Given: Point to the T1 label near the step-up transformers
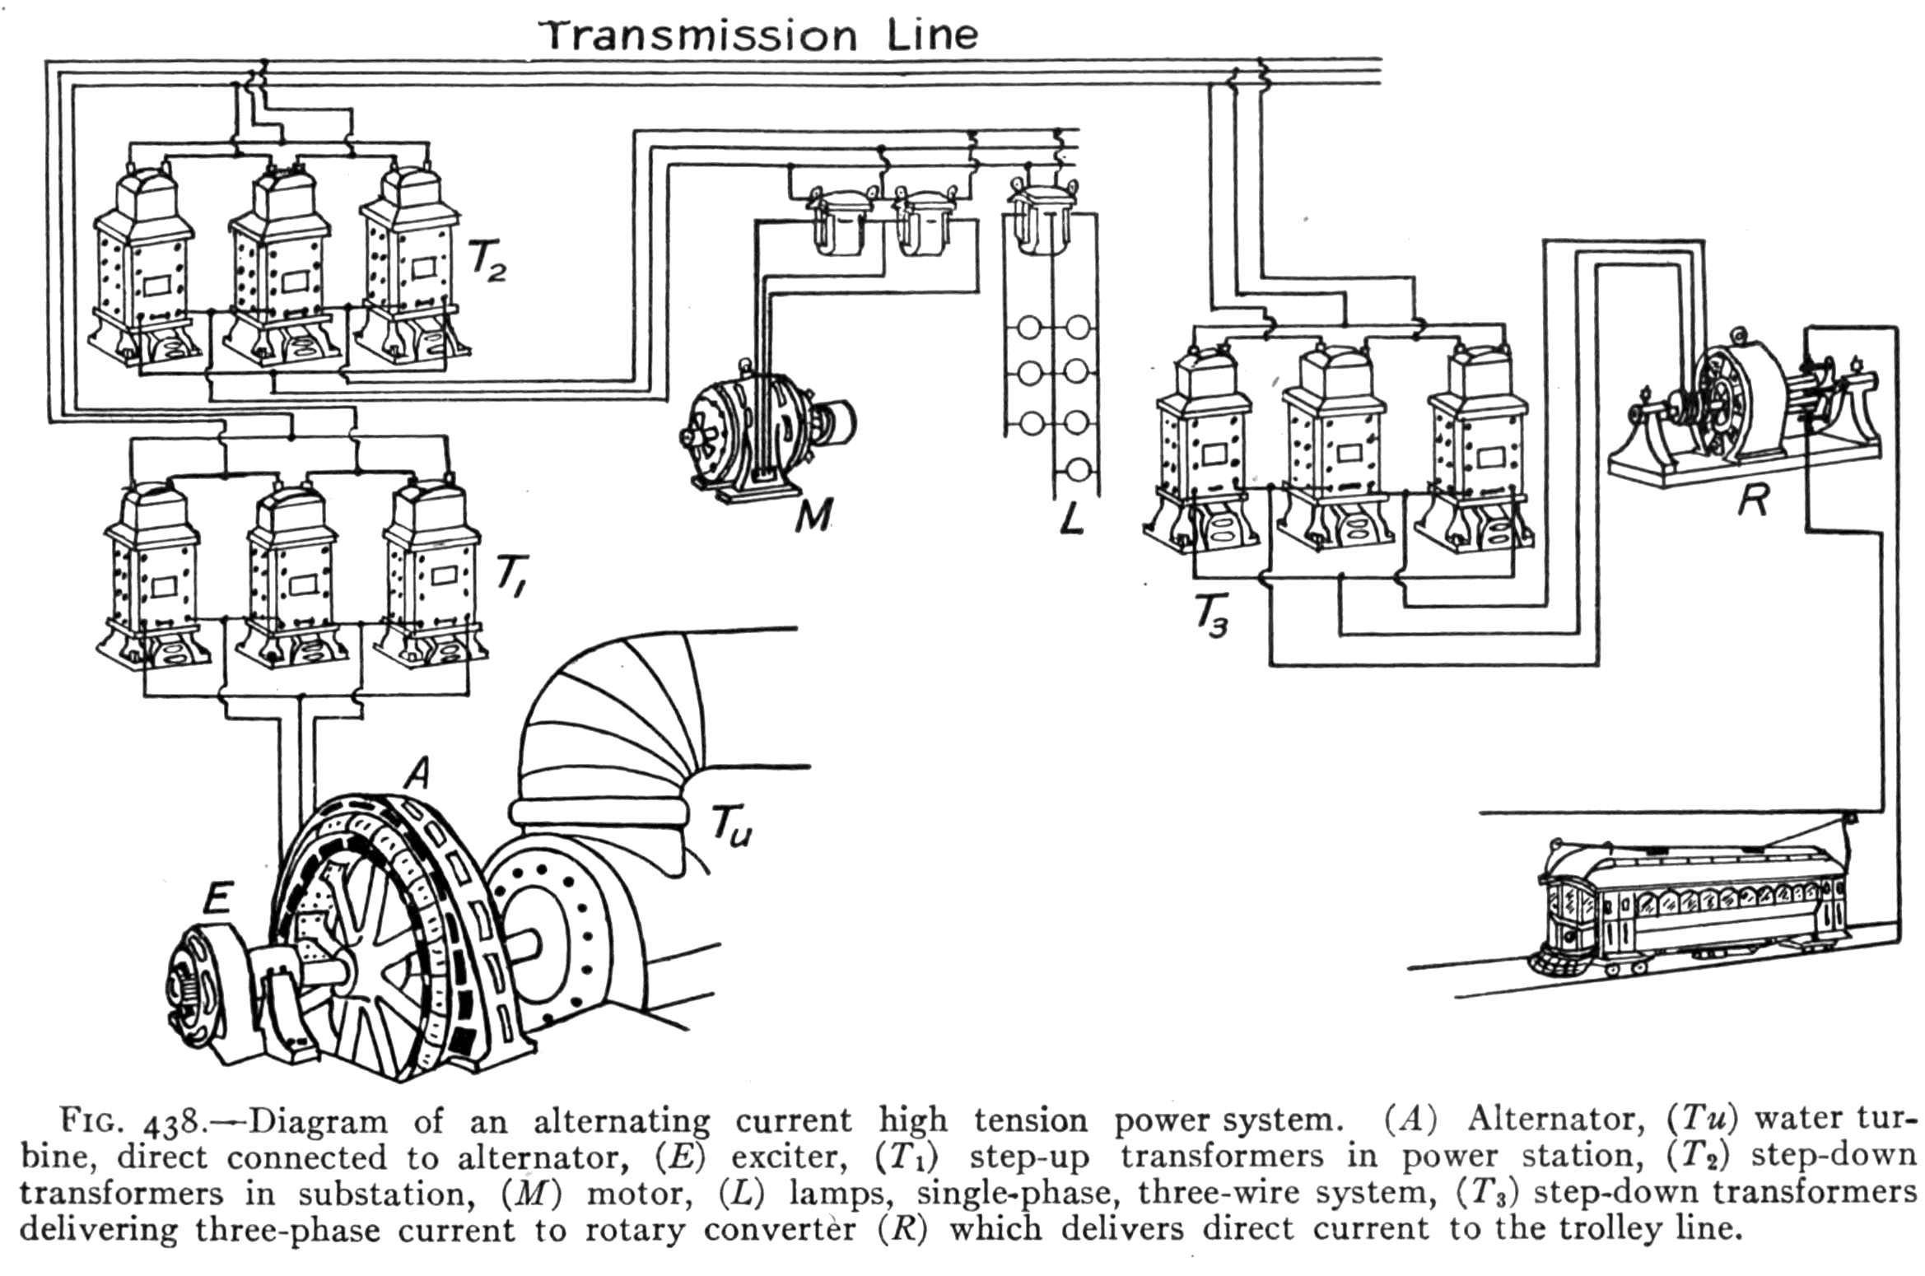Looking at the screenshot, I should tap(510, 575).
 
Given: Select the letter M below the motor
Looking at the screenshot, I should tap(813, 515).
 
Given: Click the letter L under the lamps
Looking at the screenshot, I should tap(1070, 517).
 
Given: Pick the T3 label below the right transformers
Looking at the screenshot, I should tap(1210, 617).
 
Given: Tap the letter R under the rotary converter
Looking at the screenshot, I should tap(1752, 499).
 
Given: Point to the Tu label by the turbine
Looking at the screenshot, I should tap(731, 823).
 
